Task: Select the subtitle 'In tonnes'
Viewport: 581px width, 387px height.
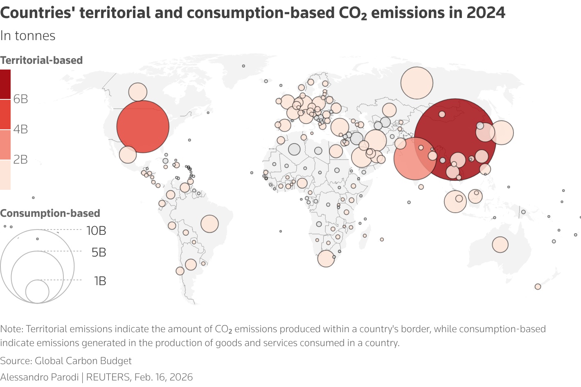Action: click(28, 36)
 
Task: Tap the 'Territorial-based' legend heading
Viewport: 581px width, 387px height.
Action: click(41, 60)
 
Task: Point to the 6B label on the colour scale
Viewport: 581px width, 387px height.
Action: click(20, 99)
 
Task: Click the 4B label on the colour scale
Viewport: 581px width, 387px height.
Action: click(20, 129)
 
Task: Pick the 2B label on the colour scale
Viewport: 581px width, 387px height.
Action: click(20, 160)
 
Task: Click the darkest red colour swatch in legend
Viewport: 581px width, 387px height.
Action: click(5, 84)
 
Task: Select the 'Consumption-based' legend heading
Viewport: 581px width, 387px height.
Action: click(50, 213)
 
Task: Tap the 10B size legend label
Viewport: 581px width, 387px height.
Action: click(96, 231)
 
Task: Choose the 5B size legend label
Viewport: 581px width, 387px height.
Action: click(99, 252)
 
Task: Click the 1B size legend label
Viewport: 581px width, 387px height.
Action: click(100, 281)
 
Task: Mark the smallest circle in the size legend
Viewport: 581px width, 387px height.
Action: click(37, 292)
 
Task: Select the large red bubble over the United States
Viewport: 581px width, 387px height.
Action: click(143, 127)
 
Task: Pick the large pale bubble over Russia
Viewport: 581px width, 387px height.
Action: click(417, 83)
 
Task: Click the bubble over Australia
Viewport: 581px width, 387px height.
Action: click(500, 245)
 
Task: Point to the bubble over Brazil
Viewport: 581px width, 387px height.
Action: click(209, 224)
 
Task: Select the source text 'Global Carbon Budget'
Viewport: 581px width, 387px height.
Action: click(83, 361)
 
